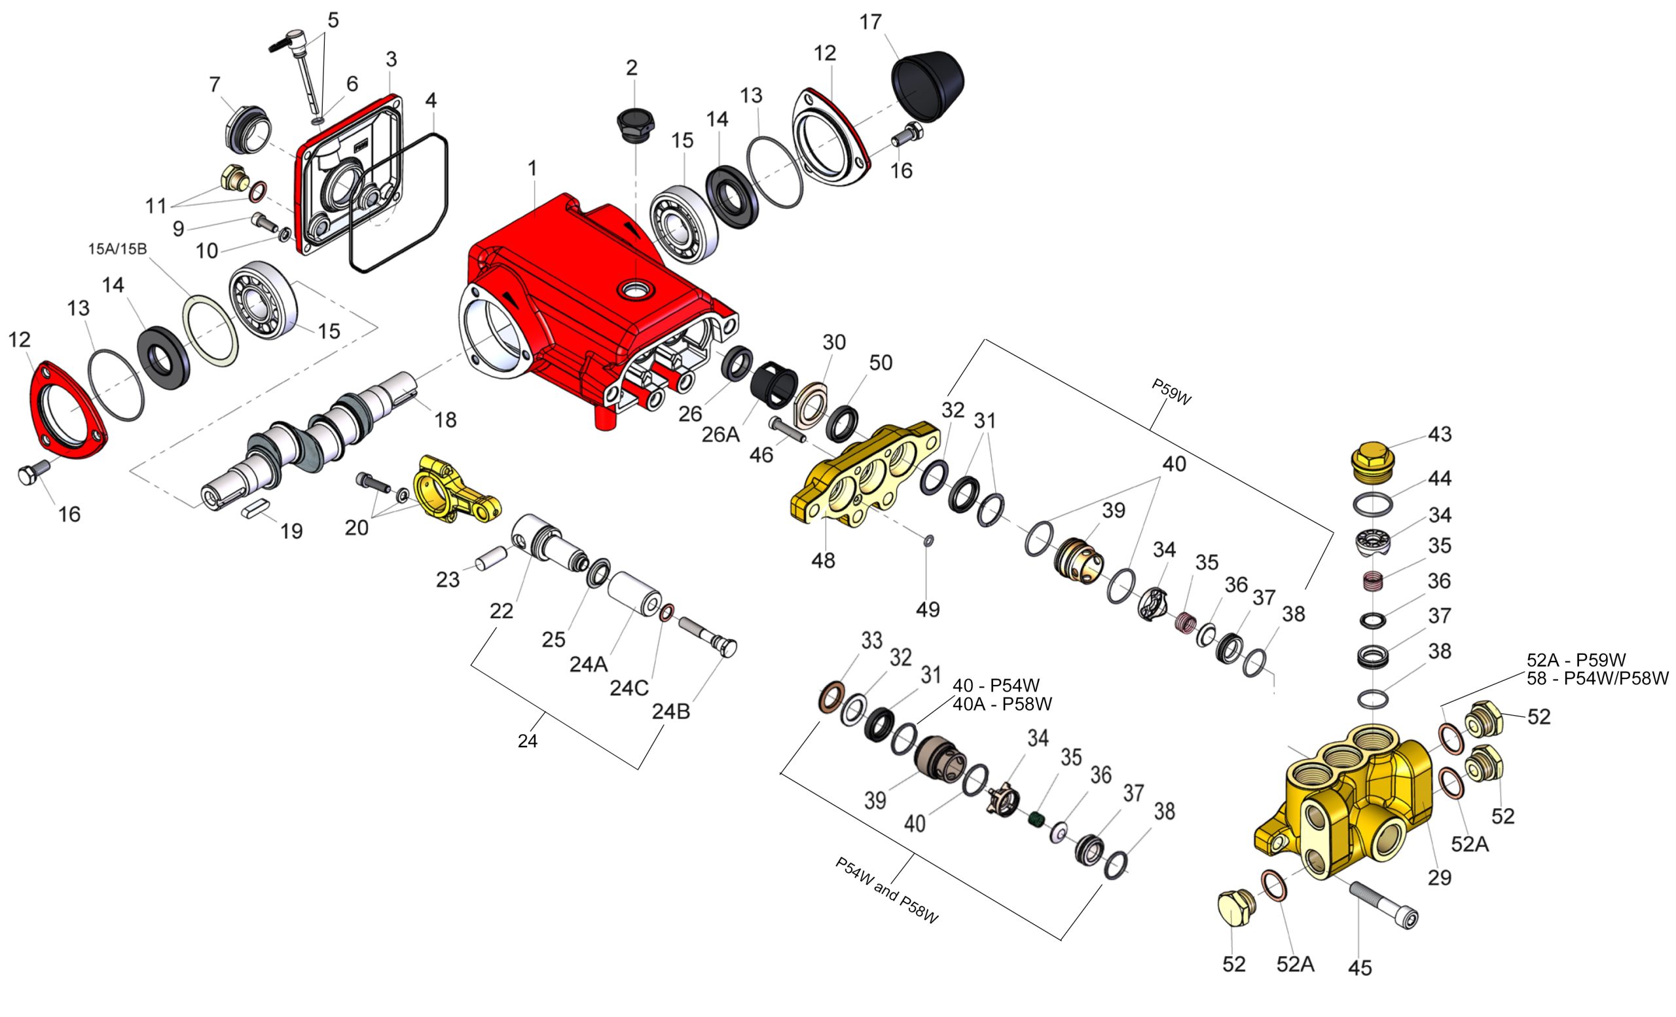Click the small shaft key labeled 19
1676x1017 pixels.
(x=258, y=508)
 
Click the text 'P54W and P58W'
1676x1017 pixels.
(x=886, y=890)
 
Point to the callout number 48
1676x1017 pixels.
(x=822, y=561)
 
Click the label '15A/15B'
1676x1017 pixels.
(x=117, y=249)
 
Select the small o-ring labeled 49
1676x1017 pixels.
(x=928, y=540)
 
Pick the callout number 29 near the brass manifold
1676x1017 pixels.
(x=1439, y=878)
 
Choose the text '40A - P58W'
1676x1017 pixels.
(x=1002, y=705)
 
